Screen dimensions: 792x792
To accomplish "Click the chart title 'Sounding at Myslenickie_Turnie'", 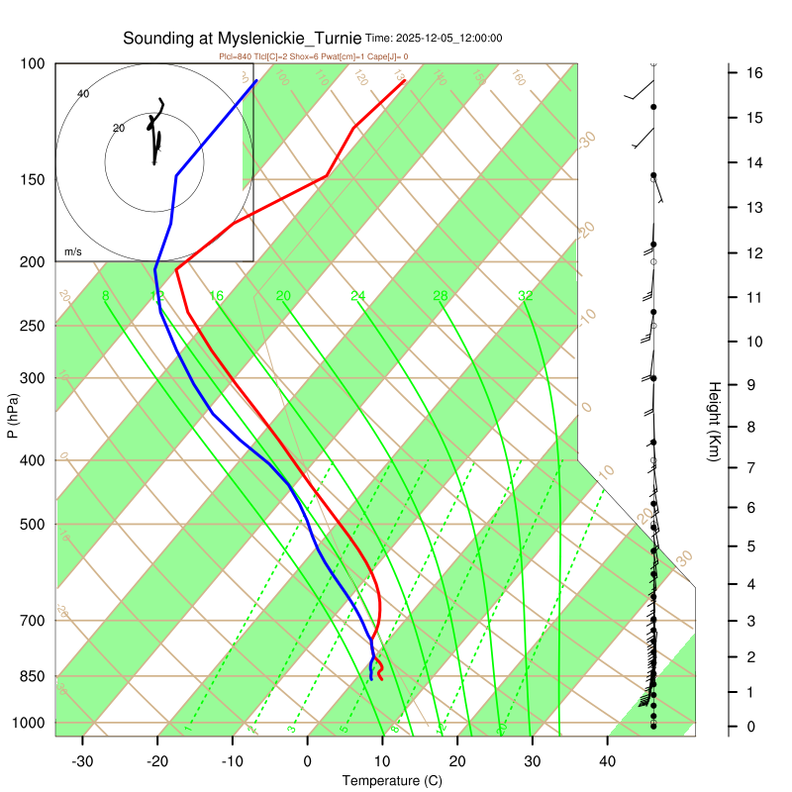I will [x=243, y=39].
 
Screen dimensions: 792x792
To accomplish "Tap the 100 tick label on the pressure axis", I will [x=33, y=64].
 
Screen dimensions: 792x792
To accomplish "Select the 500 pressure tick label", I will [x=33, y=525].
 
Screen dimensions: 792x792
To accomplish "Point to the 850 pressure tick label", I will [x=33, y=676].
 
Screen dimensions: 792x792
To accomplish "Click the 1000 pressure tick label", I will [x=30, y=723].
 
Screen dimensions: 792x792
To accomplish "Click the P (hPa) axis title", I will [x=13, y=417].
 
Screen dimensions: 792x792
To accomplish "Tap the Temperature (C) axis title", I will [x=392, y=780].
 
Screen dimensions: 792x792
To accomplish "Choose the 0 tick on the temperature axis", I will [x=308, y=760].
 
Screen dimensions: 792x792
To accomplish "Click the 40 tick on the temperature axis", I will [x=608, y=760].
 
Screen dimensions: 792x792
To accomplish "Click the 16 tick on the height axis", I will [x=753, y=72].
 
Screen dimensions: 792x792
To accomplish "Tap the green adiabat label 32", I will [x=526, y=296].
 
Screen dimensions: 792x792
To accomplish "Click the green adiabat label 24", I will [x=358, y=296].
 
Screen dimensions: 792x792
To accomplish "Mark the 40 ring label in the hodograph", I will [x=83, y=94].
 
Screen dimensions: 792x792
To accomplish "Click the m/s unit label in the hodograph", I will [x=73, y=251].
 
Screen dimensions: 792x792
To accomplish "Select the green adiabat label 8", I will [x=105, y=296].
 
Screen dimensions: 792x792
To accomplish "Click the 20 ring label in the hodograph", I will [x=119, y=129].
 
